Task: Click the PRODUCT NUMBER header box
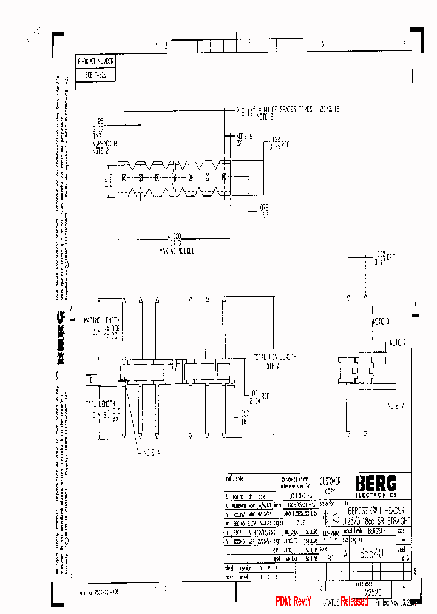tap(95, 61)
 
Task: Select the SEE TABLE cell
tap(95, 75)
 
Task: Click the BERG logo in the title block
tap(376, 483)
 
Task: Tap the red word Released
tap(354, 601)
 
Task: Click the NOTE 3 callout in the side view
tap(381, 320)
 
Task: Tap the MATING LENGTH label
tap(107, 320)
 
